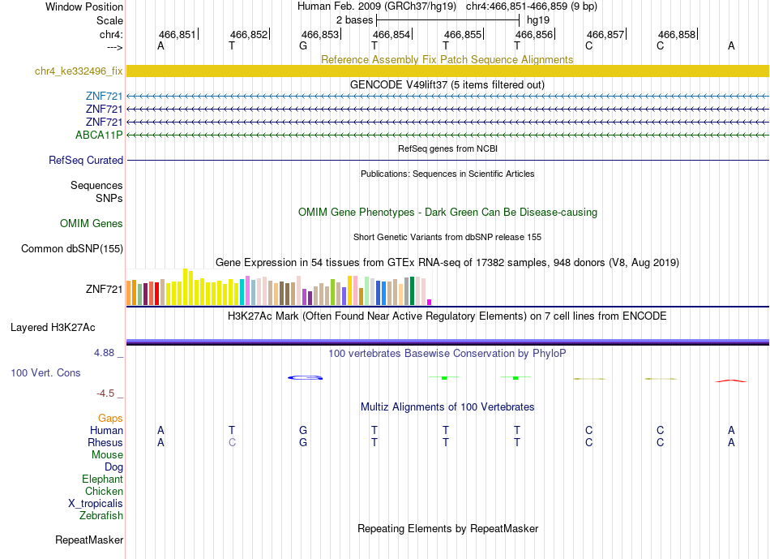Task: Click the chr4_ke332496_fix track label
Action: tap(79, 71)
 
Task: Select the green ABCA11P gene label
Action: tap(99, 135)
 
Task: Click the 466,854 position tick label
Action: tap(391, 34)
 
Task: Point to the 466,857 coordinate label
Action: tap(605, 34)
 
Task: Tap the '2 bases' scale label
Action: tap(354, 20)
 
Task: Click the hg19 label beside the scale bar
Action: tap(538, 20)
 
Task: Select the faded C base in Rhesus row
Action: tap(233, 442)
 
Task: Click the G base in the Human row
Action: tap(303, 430)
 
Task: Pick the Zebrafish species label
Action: tap(101, 516)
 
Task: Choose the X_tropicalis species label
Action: tap(96, 504)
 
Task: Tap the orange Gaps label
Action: tap(110, 419)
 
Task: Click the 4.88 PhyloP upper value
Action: tap(104, 353)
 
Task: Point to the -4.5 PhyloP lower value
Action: tap(105, 393)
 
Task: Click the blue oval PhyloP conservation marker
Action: tap(305, 377)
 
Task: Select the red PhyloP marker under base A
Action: tap(731, 381)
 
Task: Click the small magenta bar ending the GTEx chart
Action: tap(430, 303)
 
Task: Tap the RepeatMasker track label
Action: tap(89, 540)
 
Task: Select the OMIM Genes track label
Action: tap(92, 224)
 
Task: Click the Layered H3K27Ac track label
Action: tap(53, 328)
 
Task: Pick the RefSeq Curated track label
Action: tap(86, 161)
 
